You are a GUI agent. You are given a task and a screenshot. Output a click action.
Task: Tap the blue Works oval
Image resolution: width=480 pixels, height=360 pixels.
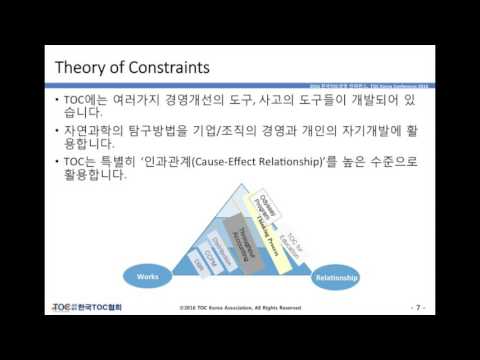coord(147,274)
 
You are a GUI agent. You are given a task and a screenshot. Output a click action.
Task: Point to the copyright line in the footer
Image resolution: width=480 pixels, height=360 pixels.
coord(240,308)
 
